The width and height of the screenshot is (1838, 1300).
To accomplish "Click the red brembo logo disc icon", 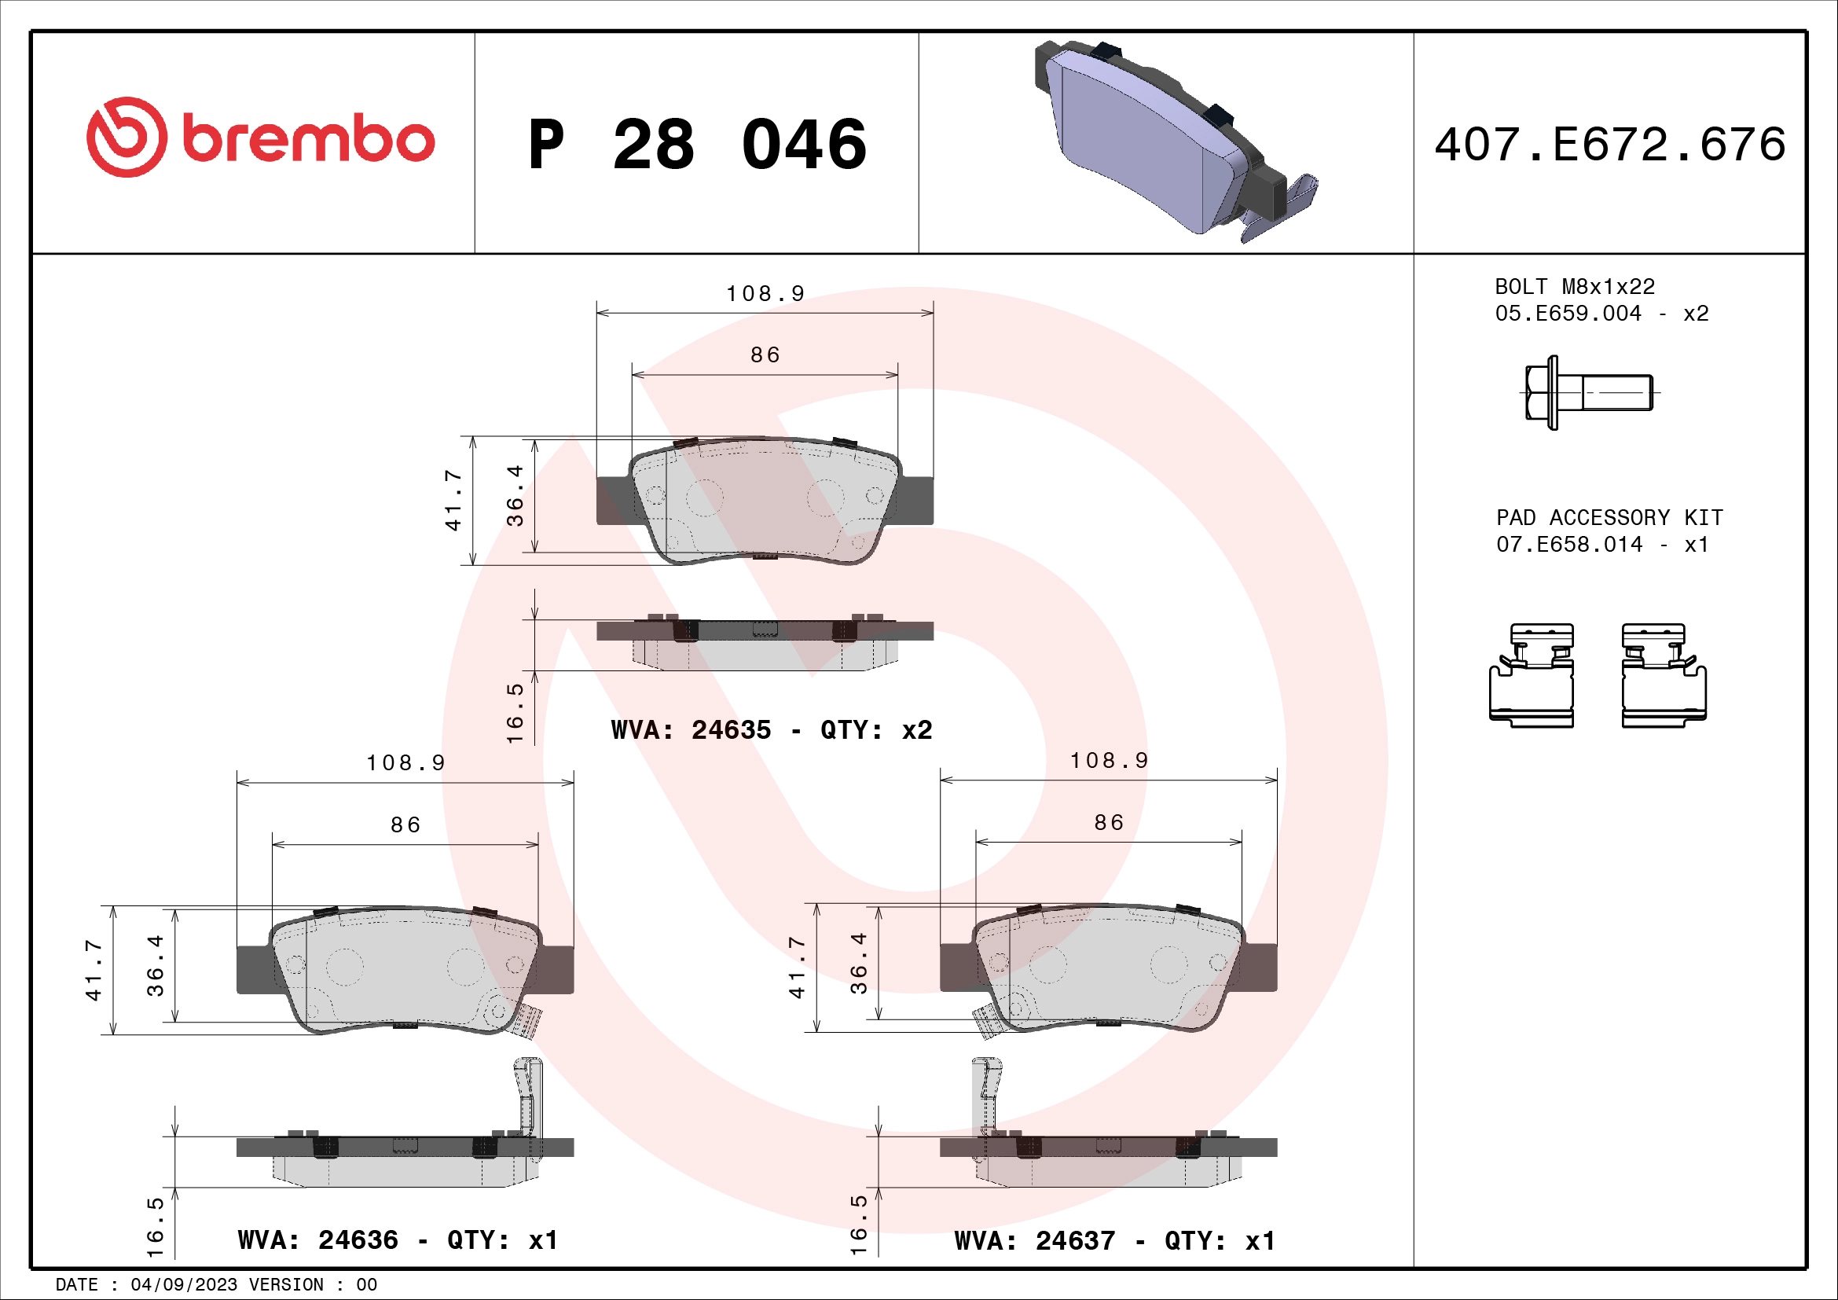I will [x=127, y=137].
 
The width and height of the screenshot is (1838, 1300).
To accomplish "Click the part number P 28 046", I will [x=696, y=145].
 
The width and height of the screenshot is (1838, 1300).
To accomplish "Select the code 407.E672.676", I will [x=1609, y=145].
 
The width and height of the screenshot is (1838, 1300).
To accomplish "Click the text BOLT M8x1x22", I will [x=1574, y=287].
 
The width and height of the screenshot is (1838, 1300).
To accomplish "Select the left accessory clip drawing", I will [x=1532, y=676].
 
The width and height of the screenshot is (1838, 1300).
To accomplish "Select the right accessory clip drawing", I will [x=1664, y=676].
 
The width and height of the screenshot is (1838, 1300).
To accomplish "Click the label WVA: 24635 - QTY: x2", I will [x=771, y=730].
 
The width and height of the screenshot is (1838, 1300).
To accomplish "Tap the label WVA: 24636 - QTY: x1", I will [x=397, y=1240].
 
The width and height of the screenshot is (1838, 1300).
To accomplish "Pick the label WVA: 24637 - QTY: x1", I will [x=1114, y=1241].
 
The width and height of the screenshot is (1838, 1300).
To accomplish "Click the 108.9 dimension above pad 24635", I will [x=765, y=294].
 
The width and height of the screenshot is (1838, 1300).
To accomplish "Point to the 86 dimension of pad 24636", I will [x=405, y=824].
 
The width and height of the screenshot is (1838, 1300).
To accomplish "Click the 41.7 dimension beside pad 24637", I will [x=797, y=967].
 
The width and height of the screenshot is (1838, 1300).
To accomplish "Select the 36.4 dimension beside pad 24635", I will [x=515, y=495].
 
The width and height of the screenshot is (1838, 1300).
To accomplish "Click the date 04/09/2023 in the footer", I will [x=183, y=1285].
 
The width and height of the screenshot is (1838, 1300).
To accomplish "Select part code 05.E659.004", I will [x=1568, y=313].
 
